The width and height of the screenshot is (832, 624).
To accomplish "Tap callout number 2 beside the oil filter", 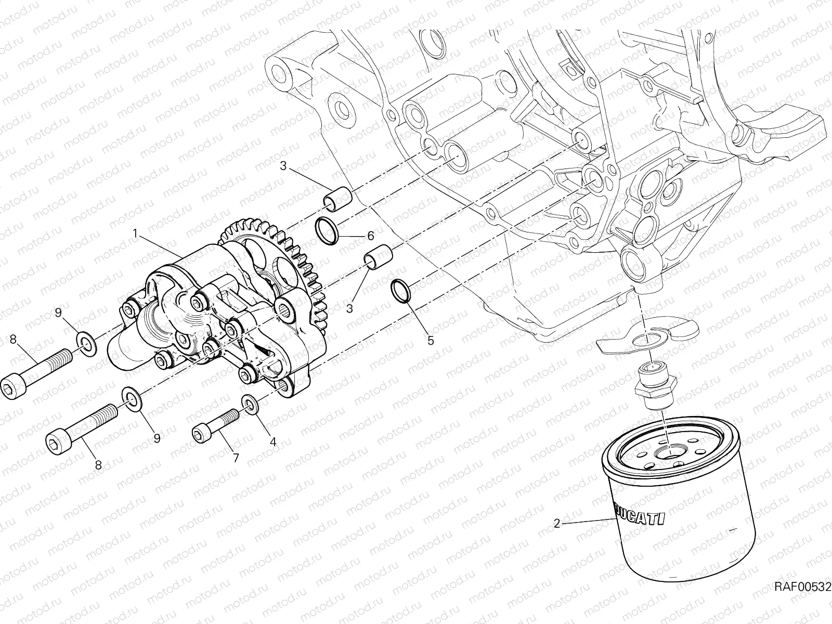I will coord(557,524).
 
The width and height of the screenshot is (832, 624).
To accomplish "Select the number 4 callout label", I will coord(272,443).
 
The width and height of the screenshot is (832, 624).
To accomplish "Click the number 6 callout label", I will coord(370,236).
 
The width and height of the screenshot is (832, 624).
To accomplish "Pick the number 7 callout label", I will coord(235,458).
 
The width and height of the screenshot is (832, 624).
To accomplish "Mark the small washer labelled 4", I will coord(249,405).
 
